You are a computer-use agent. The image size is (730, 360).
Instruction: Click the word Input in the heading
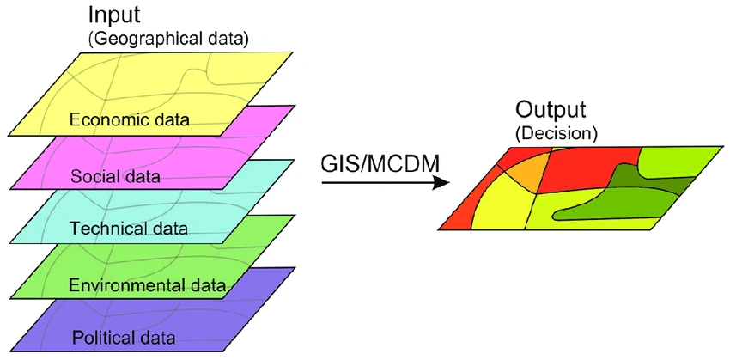[x=113, y=15]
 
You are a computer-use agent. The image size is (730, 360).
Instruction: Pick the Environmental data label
[x=147, y=284]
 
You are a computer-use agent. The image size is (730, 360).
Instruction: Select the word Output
[x=551, y=111]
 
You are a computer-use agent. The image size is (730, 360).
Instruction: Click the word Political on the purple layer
[x=98, y=336]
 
